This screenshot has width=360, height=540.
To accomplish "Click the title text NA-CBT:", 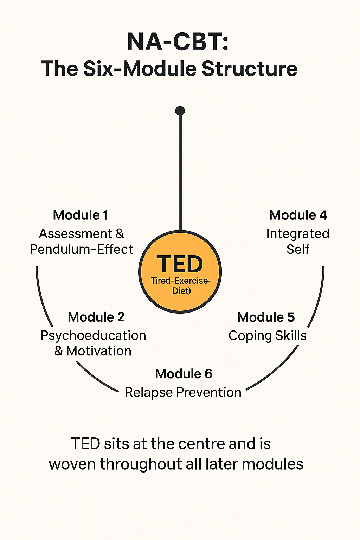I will click(178, 42).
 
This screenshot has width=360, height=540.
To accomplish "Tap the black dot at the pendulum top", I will click(180, 111).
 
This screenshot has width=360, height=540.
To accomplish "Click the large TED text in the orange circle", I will click(180, 264).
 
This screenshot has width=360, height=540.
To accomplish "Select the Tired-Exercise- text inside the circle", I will click(181, 281).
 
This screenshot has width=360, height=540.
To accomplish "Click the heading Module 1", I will click(81, 215).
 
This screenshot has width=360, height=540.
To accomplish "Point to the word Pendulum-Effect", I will click(81, 250).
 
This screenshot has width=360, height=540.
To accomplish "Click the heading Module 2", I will click(96, 317).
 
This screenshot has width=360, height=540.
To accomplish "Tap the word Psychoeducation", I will click(93, 336).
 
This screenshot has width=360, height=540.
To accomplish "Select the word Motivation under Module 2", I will click(99, 351).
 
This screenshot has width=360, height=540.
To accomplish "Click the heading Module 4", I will click(298, 215).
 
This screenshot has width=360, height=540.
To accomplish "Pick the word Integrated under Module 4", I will click(297, 234).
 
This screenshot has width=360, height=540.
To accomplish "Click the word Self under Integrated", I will click(297, 250).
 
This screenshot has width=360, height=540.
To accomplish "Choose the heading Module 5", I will click(266, 317).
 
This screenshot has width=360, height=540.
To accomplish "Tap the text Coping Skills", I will click(267, 336).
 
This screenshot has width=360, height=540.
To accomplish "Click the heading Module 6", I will click(184, 374).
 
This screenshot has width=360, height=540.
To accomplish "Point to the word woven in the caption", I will click(72, 464).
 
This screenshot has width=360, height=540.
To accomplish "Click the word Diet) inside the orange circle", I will click(181, 291).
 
